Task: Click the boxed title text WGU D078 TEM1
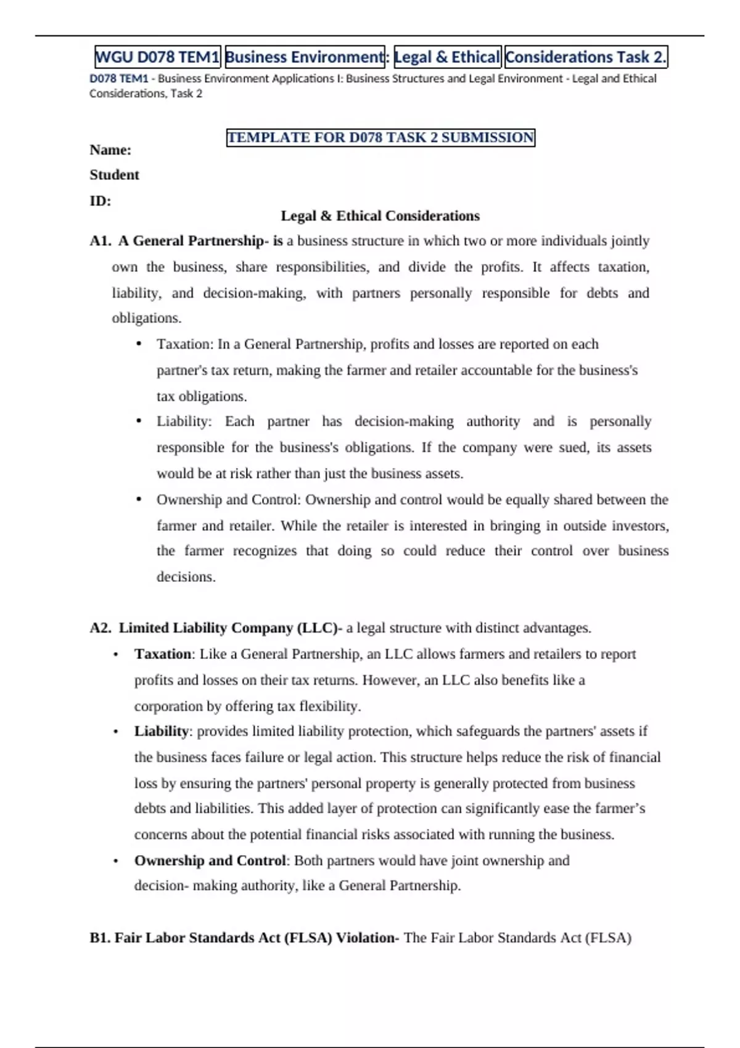[x=157, y=57]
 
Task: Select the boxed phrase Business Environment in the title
[x=305, y=57]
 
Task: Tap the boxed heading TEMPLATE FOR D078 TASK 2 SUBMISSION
[x=380, y=137]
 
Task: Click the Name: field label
[x=110, y=150]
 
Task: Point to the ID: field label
[x=100, y=201]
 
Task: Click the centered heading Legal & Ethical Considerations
[x=380, y=216]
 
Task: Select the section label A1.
[x=100, y=241]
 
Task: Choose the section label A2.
[x=101, y=628]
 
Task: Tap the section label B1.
[x=100, y=938]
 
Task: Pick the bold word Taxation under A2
[x=163, y=654]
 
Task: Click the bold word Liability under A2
[x=161, y=731]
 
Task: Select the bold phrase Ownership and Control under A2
[x=210, y=861]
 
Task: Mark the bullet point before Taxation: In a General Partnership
[x=139, y=344]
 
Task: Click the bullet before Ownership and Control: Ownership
[x=139, y=499]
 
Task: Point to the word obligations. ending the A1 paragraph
[x=146, y=318]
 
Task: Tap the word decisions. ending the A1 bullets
[x=186, y=577]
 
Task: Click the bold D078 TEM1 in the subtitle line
[x=119, y=79]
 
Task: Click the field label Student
[x=114, y=175]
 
